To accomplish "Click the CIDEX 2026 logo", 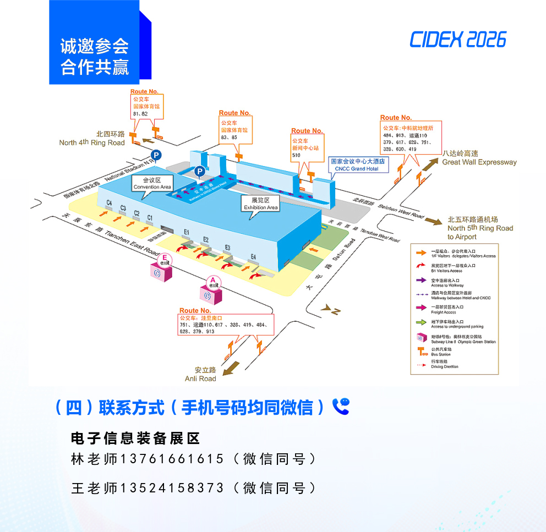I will [x=457, y=40].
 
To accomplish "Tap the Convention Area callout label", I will [x=152, y=183].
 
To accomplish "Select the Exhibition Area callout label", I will [x=260, y=204].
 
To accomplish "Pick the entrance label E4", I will [x=253, y=256].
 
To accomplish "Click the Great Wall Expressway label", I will [x=479, y=158].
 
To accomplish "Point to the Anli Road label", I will [x=200, y=375].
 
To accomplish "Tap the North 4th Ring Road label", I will [x=92, y=139].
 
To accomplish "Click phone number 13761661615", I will [x=172, y=459].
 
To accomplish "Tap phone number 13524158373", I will [x=172, y=488].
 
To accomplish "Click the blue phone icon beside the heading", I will [x=341, y=407].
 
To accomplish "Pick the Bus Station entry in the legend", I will [x=440, y=352].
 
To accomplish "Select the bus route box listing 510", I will [x=306, y=144].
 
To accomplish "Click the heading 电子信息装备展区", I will [x=135, y=438].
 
